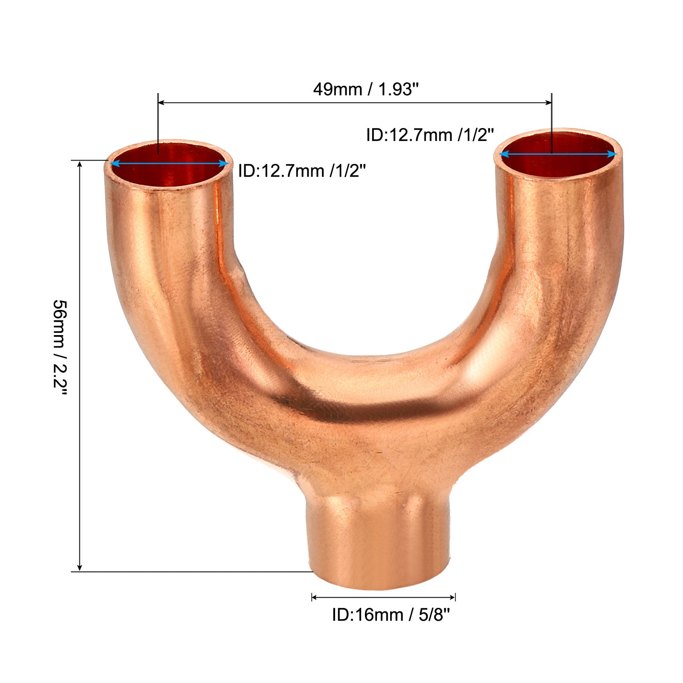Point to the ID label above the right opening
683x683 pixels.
click(430, 135)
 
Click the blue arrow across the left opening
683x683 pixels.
click(169, 163)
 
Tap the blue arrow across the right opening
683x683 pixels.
click(558, 154)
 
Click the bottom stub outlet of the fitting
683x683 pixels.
click(381, 542)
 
